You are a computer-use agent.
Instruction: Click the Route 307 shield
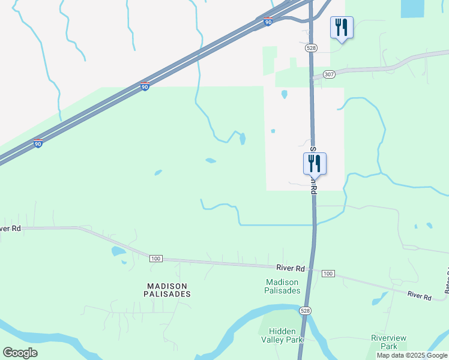tap(328, 74)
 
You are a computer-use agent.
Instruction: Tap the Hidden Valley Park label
tap(286, 335)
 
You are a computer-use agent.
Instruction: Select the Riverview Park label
tap(384, 342)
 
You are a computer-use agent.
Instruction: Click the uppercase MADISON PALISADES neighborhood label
tap(167, 290)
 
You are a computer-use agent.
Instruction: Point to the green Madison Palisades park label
tap(282, 286)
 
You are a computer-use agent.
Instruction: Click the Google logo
tap(20, 352)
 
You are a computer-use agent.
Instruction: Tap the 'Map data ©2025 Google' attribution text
tap(412, 355)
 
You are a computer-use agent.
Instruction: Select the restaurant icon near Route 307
tap(342, 28)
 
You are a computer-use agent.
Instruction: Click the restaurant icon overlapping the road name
tap(315, 164)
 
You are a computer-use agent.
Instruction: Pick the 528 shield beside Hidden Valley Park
tap(306, 310)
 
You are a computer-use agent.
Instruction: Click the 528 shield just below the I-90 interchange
tap(310, 47)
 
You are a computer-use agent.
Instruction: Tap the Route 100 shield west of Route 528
tap(155, 258)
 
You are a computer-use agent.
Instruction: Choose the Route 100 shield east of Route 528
tap(327, 274)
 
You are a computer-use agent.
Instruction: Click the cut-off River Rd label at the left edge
tap(10, 229)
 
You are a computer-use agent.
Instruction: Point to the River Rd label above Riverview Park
tap(420, 296)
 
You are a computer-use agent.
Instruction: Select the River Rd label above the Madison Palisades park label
tap(291, 268)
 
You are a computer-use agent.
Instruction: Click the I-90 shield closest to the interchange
tap(268, 22)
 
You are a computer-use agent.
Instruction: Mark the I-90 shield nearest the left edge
tap(38, 144)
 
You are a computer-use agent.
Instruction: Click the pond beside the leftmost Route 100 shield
tap(118, 251)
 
